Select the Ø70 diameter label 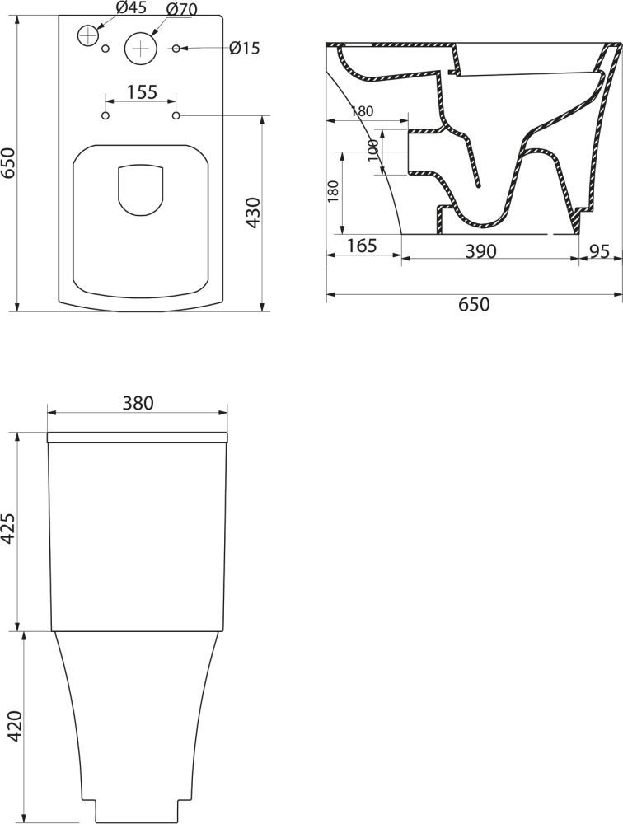click(181, 9)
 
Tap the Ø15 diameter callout click(245, 48)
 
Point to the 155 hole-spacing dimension click(142, 91)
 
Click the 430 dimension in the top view click(254, 213)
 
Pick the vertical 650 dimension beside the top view click(9, 163)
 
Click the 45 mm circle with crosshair click(88, 35)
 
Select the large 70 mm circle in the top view click(141, 48)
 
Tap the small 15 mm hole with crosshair click(176, 49)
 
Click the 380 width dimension click(138, 403)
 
